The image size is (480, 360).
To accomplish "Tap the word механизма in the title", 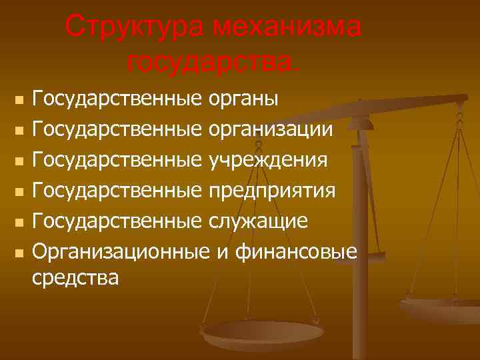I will point(288,27).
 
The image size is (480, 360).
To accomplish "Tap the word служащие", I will point(259,221).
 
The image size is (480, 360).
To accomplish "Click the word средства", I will point(76,277).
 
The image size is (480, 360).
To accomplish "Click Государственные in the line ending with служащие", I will point(117,221).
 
